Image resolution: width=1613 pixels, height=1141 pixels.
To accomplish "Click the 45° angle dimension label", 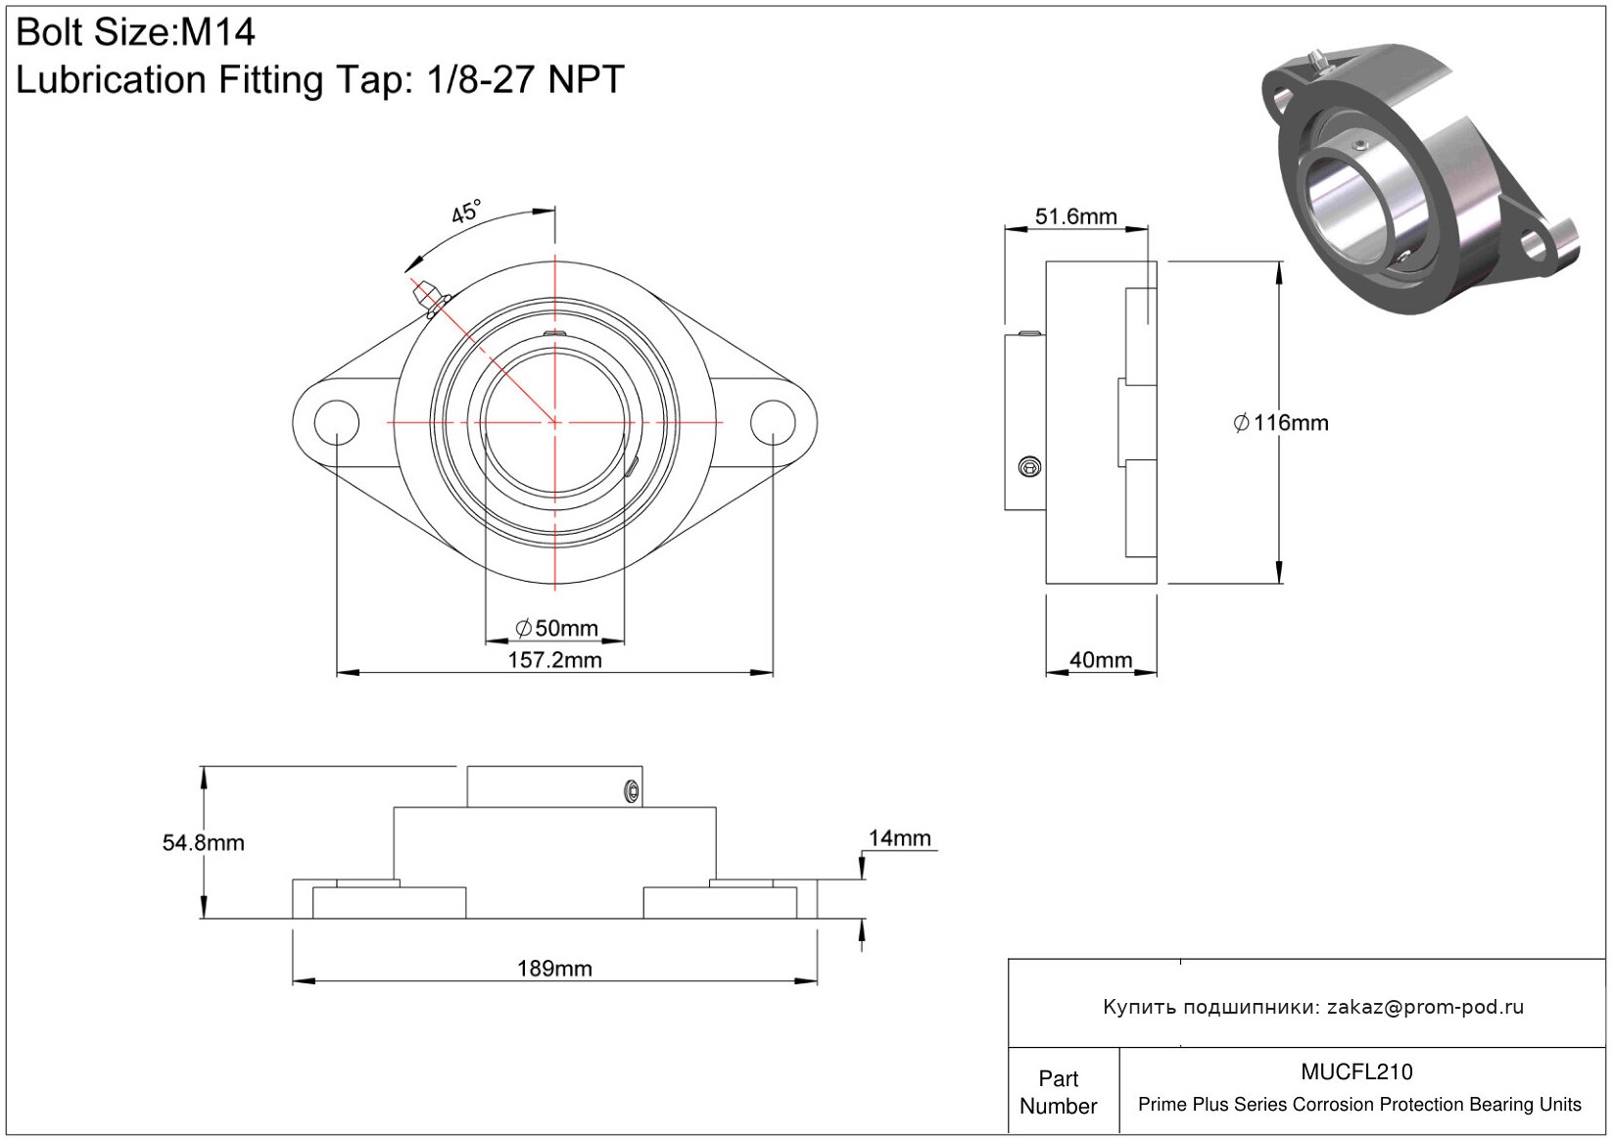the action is (x=466, y=212).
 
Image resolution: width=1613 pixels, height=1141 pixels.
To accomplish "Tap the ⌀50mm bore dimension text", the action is (x=556, y=628).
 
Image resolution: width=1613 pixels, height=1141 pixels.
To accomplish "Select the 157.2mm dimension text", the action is (x=554, y=660).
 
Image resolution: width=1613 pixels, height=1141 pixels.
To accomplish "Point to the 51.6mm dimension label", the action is (x=1075, y=216).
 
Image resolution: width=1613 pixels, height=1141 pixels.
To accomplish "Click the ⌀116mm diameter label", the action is (x=1280, y=423).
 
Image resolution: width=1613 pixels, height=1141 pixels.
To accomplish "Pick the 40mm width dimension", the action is (x=1100, y=660).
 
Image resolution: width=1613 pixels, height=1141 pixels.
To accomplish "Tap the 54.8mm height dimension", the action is (x=203, y=843).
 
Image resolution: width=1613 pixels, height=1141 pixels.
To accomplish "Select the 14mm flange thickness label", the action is (x=899, y=837).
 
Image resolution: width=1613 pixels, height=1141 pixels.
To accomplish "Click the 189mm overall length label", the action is (x=554, y=968).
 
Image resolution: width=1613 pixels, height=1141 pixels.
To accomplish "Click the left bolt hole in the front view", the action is (x=336, y=422).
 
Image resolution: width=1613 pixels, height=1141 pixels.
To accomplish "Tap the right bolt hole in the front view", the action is (x=773, y=422).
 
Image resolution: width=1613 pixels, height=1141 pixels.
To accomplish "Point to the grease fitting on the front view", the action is (x=430, y=298).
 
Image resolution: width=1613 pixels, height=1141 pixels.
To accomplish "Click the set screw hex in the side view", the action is (x=1030, y=467).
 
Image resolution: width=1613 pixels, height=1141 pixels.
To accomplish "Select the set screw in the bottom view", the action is (x=633, y=792).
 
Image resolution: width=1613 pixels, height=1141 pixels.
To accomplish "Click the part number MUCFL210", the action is (x=1356, y=1071).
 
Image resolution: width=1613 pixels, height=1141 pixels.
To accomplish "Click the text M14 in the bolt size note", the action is (x=217, y=32).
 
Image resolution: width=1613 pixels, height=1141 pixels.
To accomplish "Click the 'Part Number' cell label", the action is (x=1058, y=1092).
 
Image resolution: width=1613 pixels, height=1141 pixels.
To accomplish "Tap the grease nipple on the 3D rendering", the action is (x=1318, y=62).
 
